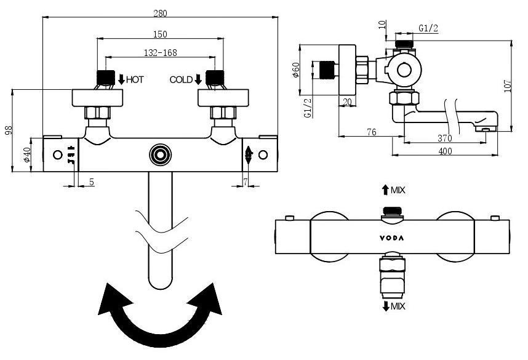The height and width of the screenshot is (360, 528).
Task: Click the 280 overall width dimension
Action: click(x=159, y=13)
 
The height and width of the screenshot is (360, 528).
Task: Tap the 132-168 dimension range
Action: click(x=159, y=53)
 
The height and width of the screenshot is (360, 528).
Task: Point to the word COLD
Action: click(x=181, y=79)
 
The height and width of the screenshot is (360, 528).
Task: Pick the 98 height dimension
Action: click(x=8, y=131)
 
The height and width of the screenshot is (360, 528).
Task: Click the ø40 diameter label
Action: click(x=27, y=155)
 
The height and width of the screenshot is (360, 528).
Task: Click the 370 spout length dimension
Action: click(x=444, y=138)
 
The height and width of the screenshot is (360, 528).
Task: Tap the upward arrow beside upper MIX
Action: click(x=385, y=190)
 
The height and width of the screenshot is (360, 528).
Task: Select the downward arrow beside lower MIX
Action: click(x=385, y=306)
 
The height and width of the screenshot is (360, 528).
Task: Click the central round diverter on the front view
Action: click(x=160, y=154)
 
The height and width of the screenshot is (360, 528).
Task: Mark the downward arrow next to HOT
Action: click(x=121, y=79)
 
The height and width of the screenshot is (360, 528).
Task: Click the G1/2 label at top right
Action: click(x=428, y=28)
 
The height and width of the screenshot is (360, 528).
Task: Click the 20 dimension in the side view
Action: click(x=347, y=102)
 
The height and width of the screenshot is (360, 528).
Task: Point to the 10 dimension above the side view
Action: click(x=383, y=24)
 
